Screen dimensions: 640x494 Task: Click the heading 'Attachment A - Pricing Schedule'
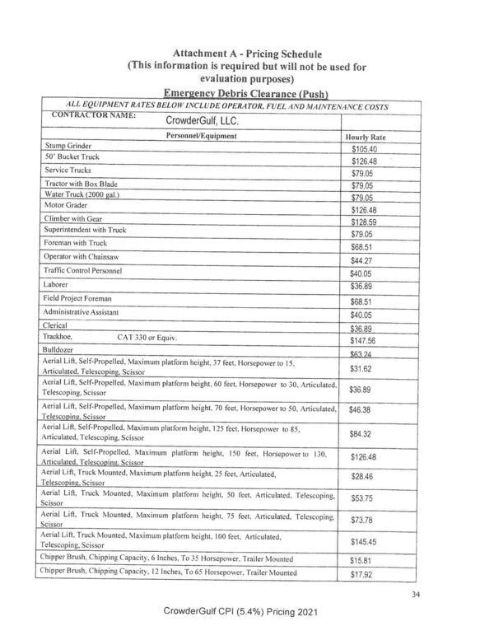(x=246, y=54)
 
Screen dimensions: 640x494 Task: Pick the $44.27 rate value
(x=362, y=260)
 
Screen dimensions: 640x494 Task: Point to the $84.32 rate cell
(x=362, y=434)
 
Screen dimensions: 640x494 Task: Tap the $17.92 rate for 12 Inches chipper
(x=362, y=574)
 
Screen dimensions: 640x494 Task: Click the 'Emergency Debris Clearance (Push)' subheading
(x=246, y=94)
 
